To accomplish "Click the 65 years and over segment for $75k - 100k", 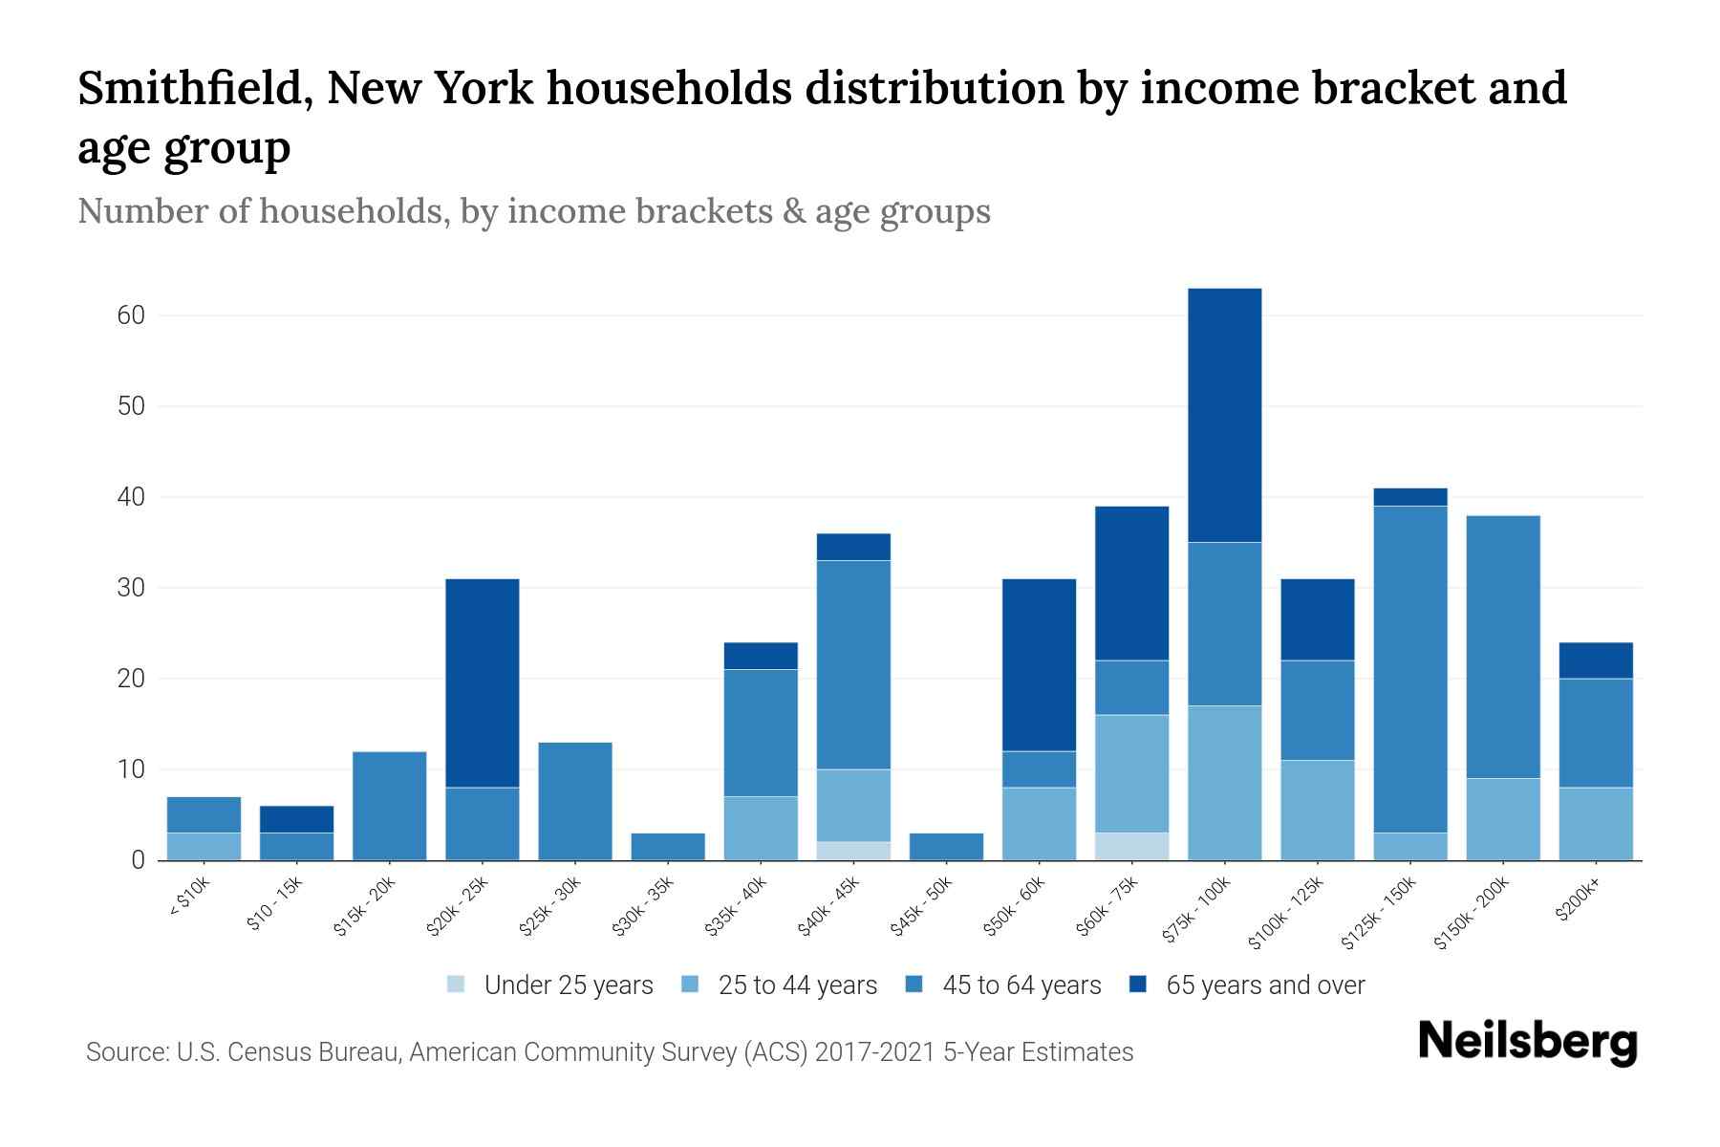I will pos(1224,415).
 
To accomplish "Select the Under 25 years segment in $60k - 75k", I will pos(1131,847).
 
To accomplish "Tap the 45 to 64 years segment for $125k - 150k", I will pos(1409,669).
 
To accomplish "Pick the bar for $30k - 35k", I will pos(668,847).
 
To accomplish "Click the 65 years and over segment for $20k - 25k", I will pos(483,682).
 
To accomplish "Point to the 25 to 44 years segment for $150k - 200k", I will pos(1502,819).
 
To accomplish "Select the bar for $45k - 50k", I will pos(946,847).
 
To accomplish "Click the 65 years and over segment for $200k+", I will pos(1595,660).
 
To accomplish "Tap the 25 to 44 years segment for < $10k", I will pos(204,847).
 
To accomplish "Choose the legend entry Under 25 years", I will pos(568,985).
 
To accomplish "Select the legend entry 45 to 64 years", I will pos(1021,985).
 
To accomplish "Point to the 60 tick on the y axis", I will pos(131,315).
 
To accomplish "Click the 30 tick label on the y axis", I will pos(131,588).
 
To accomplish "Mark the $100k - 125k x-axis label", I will pos(1286,912).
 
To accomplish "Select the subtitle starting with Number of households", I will pos(533,210).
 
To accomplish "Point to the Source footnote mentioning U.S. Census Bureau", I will pos(610,1052).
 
